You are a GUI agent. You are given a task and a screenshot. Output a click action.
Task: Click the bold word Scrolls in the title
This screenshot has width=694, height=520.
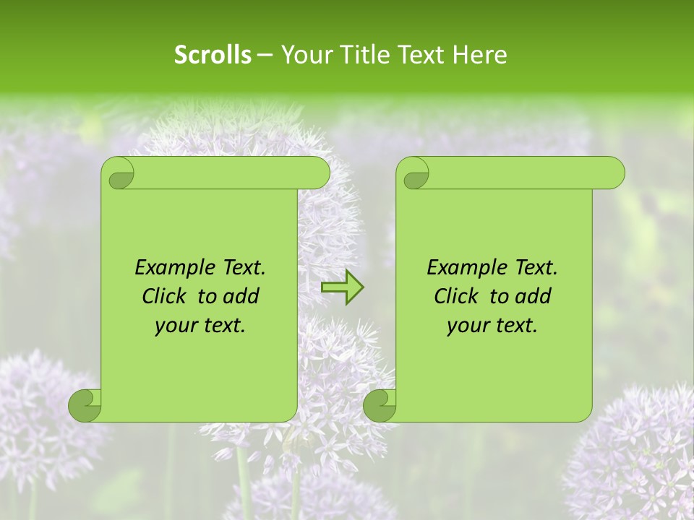coord(213,55)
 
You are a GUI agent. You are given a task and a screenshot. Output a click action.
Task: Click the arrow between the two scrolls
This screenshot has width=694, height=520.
coord(342,287)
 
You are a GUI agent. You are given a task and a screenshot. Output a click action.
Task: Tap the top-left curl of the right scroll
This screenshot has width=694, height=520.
coord(414,174)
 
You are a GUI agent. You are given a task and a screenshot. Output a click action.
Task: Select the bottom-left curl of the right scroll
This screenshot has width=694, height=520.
coord(380,405)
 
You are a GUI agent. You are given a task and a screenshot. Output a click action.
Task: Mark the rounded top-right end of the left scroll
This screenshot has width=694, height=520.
coord(318,173)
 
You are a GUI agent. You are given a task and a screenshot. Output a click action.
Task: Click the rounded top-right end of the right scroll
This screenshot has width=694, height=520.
coord(613,173)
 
